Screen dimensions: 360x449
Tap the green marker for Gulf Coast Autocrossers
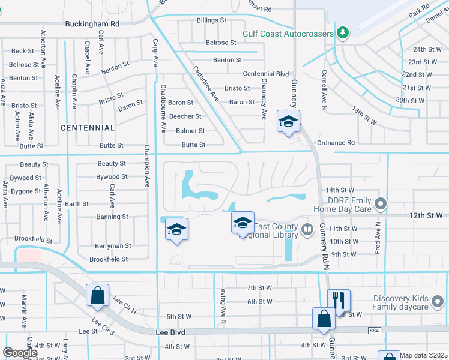click(x=343, y=32)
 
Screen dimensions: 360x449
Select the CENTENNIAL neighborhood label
click(x=88, y=128)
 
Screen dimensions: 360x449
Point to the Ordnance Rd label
click(x=336, y=142)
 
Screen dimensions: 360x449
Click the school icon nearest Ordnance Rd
click(x=288, y=122)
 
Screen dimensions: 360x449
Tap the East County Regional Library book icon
click(x=307, y=229)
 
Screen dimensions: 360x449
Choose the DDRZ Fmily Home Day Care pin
click(x=379, y=205)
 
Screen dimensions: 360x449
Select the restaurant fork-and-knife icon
click(x=339, y=299)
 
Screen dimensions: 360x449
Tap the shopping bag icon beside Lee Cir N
click(x=97, y=295)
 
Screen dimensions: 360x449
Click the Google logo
click(x=20, y=353)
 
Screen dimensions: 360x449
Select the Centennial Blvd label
click(x=266, y=74)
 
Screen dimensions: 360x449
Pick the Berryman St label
click(x=113, y=246)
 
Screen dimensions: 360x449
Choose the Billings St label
click(x=211, y=20)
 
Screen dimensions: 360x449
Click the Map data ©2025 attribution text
click(x=423, y=355)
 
